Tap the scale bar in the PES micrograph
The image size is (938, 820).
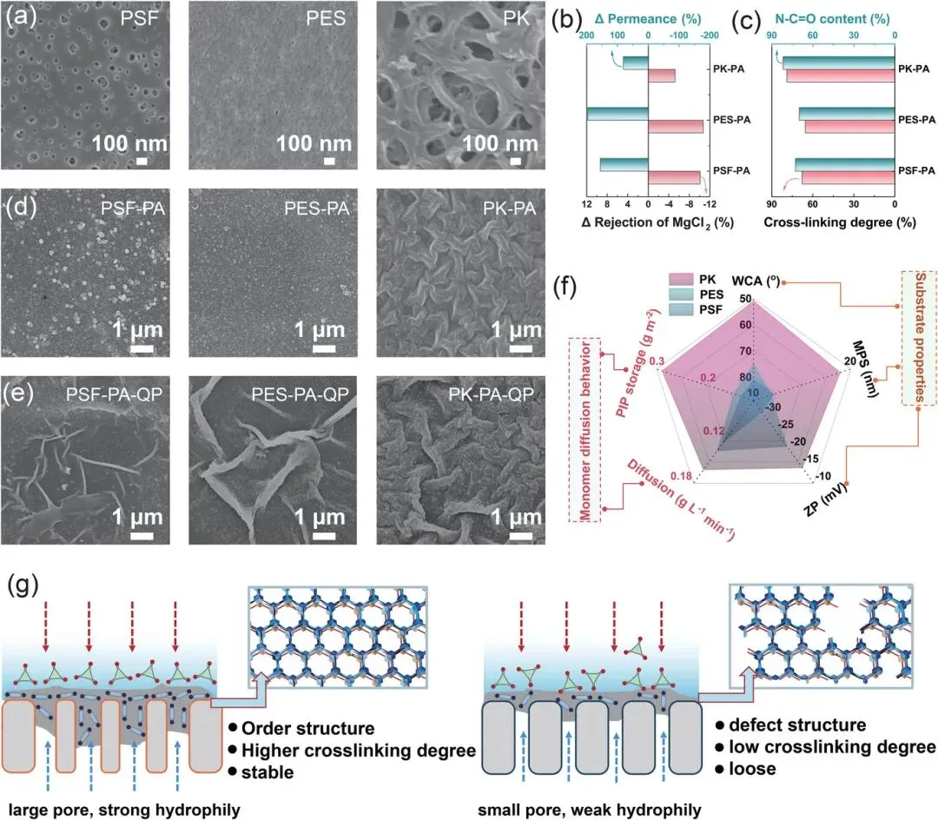tap(329, 161)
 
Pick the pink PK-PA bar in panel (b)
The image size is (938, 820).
tap(662, 76)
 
